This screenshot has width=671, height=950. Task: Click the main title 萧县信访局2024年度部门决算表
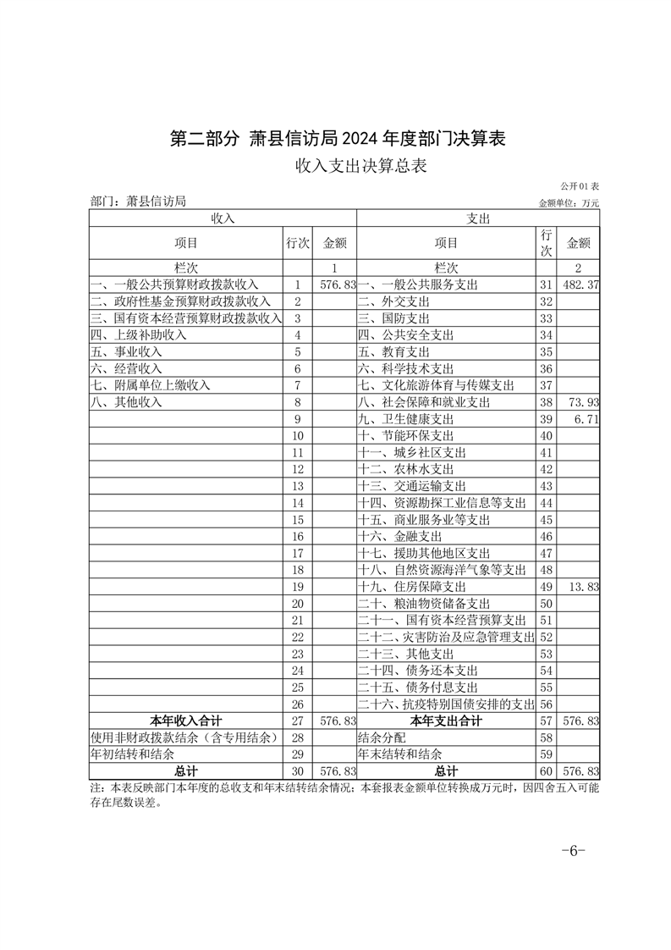338,139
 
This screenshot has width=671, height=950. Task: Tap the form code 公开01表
580,185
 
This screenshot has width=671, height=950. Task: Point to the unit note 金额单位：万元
568,203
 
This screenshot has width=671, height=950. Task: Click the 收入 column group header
223,218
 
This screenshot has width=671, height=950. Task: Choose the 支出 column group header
478,218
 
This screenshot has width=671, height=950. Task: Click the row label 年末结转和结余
399,754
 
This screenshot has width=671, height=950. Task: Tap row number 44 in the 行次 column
546,503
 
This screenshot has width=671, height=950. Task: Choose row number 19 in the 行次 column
297,586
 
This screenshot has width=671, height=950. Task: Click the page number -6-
573,852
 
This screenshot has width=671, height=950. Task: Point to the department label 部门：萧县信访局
137,202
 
